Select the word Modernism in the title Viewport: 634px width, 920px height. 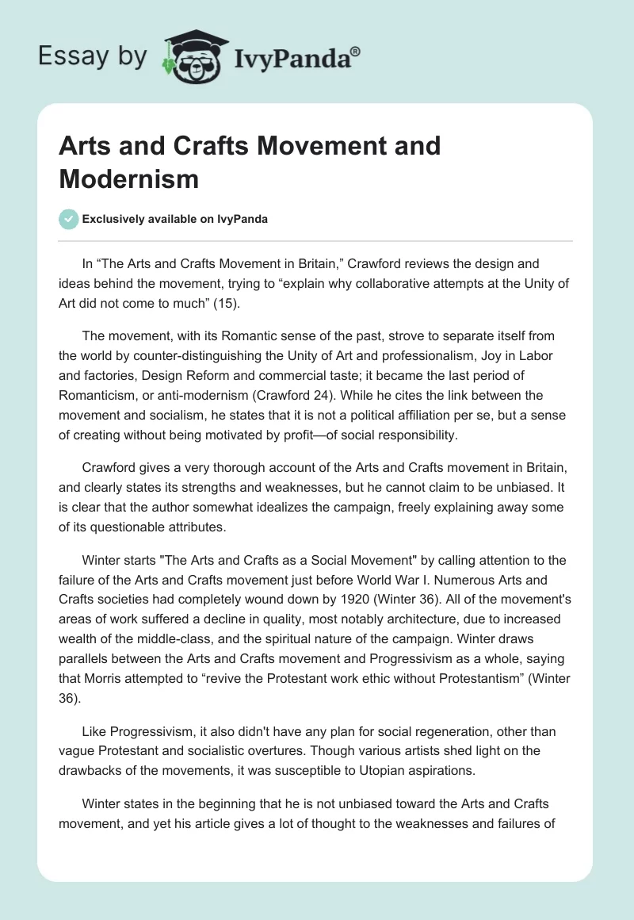(128, 178)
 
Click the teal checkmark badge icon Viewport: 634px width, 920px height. (69, 219)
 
